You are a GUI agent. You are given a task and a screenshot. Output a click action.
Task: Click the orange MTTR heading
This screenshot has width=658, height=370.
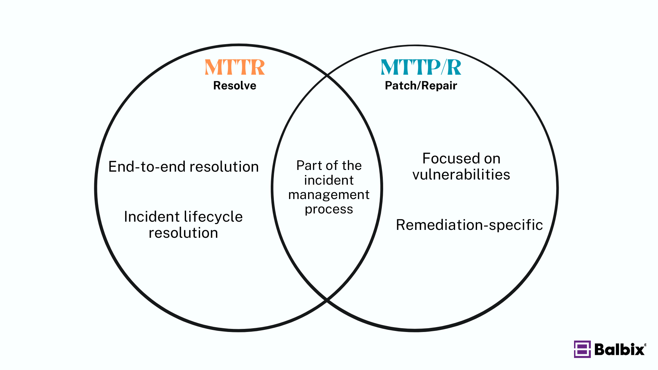coord(235,67)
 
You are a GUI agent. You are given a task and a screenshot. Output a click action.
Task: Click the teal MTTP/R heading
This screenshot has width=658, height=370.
coord(421,67)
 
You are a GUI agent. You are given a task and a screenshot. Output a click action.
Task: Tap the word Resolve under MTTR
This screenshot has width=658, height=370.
coord(235,85)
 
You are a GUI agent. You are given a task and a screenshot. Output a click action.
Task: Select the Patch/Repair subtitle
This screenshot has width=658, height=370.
coord(421,85)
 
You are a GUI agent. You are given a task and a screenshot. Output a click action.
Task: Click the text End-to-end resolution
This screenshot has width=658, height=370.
coord(183,167)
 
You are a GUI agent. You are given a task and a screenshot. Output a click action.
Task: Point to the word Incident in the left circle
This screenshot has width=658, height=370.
coord(151,217)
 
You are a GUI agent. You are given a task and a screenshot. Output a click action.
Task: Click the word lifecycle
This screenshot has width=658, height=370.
coord(213,217)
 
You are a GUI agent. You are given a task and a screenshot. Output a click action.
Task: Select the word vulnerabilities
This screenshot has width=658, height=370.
coord(461,175)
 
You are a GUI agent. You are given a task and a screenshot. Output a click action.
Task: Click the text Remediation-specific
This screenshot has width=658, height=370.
coord(469,225)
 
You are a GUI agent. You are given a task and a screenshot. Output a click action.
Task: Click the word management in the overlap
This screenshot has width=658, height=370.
coord(329,195)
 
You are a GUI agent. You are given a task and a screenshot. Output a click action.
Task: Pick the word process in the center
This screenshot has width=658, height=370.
coord(329,209)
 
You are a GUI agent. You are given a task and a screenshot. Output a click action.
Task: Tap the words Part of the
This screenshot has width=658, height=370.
coord(329,165)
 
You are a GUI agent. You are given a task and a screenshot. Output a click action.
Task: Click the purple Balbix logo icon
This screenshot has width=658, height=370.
coord(582,349)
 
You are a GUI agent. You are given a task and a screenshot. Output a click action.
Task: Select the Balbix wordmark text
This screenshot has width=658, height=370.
coord(620,349)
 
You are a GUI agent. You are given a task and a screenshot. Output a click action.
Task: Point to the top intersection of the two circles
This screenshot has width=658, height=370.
coord(327,75)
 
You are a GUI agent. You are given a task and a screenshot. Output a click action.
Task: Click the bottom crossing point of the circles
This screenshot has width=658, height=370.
coord(327,300)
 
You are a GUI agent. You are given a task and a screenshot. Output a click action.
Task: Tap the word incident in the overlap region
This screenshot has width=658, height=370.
coord(329,180)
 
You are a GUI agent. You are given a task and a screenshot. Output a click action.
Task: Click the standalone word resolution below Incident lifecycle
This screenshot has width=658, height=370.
coord(183,233)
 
